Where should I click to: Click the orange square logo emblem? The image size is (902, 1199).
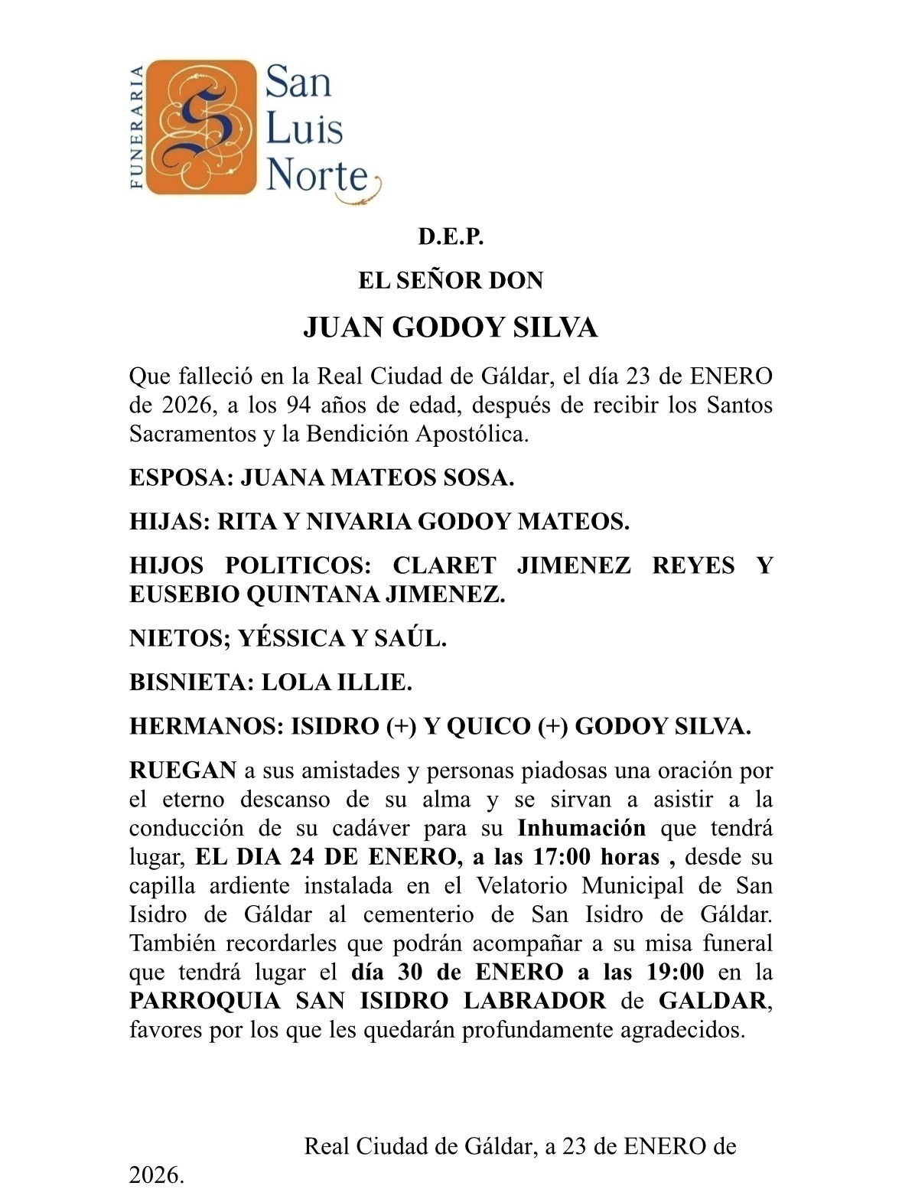pyautogui.click(x=200, y=126)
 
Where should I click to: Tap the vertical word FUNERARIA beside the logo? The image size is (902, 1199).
pyautogui.click(x=137, y=126)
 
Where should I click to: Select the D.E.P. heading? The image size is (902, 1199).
pyautogui.click(x=451, y=237)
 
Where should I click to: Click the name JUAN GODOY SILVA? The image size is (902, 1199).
pyautogui.click(x=450, y=327)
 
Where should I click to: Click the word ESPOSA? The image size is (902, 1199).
pyautogui.click(x=181, y=478)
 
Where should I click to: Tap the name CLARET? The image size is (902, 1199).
pyautogui.click(x=444, y=565)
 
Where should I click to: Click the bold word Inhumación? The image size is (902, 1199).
pyautogui.click(x=581, y=828)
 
